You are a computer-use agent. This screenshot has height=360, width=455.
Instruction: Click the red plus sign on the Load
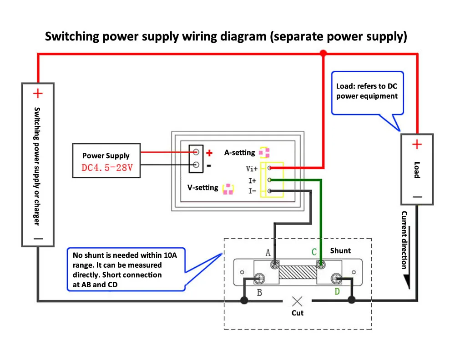417,145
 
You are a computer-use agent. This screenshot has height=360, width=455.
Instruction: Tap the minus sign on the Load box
417,197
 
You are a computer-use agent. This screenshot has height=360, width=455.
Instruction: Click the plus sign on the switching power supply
38,94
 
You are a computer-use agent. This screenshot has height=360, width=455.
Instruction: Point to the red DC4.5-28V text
107,168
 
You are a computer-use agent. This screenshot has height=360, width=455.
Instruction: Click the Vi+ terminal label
252,169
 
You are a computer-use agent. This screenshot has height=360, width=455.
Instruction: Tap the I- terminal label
252,191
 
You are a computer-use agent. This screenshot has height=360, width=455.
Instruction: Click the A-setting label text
240,153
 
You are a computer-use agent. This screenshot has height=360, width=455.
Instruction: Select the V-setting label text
203,187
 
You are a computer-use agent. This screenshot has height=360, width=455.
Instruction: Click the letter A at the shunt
268,252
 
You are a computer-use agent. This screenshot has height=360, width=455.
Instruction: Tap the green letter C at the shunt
314,252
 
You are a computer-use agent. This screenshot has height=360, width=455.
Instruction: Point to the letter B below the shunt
259,293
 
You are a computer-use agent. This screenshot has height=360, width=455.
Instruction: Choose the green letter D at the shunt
337,291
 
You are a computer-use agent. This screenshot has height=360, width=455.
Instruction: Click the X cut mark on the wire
297,300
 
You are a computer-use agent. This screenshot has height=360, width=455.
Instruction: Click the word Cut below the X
297,313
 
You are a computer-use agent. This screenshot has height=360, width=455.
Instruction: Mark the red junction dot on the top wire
323,53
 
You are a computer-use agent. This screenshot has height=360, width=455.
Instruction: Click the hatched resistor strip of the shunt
297,272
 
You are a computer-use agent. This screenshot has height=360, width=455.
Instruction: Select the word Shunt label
340,250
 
